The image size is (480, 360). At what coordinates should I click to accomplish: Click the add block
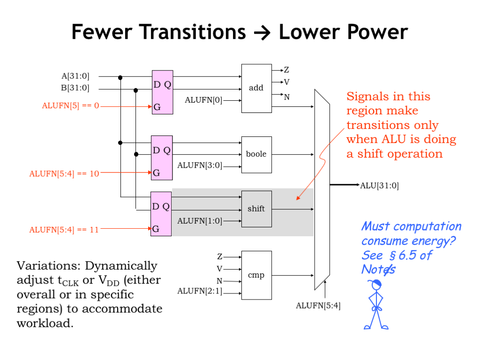coord(256,88)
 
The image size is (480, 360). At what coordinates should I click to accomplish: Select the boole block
coord(256,154)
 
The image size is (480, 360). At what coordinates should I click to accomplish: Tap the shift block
coord(256,209)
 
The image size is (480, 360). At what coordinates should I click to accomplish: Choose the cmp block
coord(256,275)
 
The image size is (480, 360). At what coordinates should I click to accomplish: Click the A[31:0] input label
coord(75,76)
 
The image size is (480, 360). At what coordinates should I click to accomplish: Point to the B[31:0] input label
coord(75,88)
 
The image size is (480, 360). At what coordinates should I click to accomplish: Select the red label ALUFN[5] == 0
coord(70,106)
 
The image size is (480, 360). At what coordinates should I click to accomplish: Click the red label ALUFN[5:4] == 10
coord(64,173)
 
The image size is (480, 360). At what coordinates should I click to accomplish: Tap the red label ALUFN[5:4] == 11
coord(64,230)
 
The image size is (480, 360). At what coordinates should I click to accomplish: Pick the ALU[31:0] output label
coord(379,186)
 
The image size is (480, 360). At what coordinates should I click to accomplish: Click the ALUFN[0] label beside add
coord(203,100)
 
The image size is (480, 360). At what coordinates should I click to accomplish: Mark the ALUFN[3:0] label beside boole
coord(200,165)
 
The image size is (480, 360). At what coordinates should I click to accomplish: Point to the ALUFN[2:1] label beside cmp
coord(200,291)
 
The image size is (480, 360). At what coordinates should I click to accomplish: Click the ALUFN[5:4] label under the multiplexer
coord(318,306)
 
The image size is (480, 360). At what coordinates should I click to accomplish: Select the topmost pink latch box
coord(162,92)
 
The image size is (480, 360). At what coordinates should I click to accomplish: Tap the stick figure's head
coord(375,285)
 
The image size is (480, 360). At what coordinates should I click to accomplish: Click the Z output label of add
coord(286,70)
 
